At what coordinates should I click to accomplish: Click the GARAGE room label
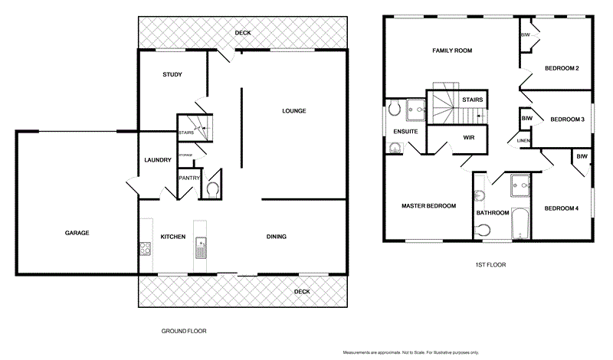(77, 232)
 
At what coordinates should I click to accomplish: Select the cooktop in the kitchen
(144, 247)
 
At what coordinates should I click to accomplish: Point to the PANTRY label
(188, 178)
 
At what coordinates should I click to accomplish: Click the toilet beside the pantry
(213, 187)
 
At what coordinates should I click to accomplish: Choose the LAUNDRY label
(157, 159)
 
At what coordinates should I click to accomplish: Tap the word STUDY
(172, 74)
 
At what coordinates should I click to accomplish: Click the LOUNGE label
(293, 111)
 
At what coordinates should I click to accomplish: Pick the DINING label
(276, 237)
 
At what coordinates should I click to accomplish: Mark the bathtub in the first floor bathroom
(520, 223)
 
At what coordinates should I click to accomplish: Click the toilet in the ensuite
(395, 109)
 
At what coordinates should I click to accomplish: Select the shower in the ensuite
(416, 109)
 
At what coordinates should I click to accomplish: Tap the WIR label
(470, 138)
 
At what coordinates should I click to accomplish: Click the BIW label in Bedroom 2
(526, 36)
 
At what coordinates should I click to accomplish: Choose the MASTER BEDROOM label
(429, 206)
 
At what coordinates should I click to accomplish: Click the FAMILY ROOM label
(452, 51)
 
